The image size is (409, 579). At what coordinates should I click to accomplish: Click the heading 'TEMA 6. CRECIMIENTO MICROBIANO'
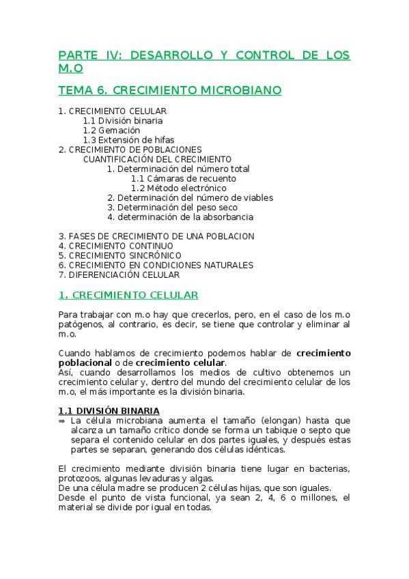[x=170, y=90]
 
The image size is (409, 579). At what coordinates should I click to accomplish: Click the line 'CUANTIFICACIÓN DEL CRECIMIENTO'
[x=157, y=159]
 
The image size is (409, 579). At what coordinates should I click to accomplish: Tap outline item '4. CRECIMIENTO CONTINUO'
[x=115, y=246]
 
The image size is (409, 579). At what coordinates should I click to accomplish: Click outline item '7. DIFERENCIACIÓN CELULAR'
[x=119, y=274]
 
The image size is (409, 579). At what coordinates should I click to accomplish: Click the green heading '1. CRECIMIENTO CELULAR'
[x=128, y=295]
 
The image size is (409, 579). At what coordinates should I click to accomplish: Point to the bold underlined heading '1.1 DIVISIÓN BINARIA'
[x=109, y=410]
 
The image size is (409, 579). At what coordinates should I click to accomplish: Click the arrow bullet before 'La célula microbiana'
[x=61, y=421]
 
